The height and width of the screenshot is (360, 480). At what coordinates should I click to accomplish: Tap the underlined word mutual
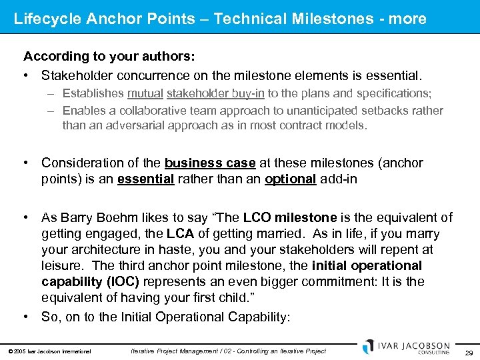[145, 93]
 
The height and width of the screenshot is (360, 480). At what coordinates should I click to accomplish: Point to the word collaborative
[155, 111]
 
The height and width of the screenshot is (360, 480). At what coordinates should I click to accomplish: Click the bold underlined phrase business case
[210, 163]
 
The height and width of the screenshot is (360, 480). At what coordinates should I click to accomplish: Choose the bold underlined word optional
[290, 180]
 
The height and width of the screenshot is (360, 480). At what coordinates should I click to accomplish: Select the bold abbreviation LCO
[257, 217]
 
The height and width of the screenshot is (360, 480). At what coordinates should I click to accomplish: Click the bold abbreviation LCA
[180, 234]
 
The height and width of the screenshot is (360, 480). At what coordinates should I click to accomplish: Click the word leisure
[61, 266]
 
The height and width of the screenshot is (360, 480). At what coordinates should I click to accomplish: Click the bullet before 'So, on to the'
[27, 317]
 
